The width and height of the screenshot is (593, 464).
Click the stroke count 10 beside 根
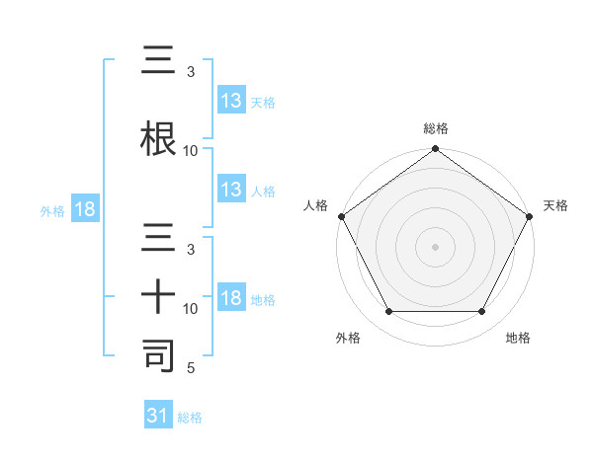tap(191, 150)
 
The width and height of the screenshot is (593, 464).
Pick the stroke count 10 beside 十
tap(191, 309)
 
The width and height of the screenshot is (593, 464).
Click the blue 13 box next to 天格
tap(231, 102)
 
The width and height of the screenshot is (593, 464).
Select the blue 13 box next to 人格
tap(231, 191)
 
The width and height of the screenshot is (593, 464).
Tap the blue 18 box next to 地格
tap(231, 299)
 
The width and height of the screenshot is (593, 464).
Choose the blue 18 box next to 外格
tap(83, 210)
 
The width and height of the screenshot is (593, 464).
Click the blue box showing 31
tap(158, 417)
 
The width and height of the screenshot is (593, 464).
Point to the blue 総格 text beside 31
tap(190, 418)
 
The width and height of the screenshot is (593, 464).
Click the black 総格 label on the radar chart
tap(435, 128)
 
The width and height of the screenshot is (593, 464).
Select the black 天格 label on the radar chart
tap(555, 205)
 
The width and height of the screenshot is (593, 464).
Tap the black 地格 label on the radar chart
tap(517, 339)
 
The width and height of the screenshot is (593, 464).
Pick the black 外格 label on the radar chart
tap(348, 339)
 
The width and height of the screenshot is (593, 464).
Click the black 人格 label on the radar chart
tap(315, 205)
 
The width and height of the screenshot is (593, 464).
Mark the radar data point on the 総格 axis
tap(435, 150)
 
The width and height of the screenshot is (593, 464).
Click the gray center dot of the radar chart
tap(435, 246)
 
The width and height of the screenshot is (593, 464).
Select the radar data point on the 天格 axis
tap(530, 216)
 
